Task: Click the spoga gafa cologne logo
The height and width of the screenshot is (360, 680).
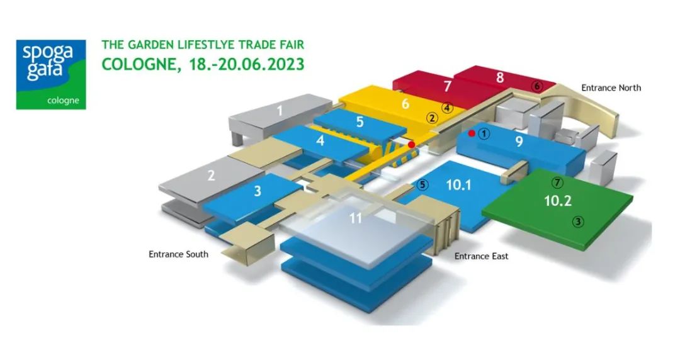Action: pyautogui.click(x=51, y=75)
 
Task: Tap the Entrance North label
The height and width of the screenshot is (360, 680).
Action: pyautogui.click(x=611, y=87)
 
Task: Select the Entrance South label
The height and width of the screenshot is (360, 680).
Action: pyautogui.click(x=178, y=254)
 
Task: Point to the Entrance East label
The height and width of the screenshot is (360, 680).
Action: pyautogui.click(x=481, y=256)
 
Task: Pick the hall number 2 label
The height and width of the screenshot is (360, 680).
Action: pyautogui.click(x=212, y=176)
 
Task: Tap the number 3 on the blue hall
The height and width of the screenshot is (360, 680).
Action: pyautogui.click(x=258, y=191)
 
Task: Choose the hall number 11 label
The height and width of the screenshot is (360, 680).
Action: pyautogui.click(x=356, y=219)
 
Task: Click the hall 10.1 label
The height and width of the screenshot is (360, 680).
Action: pyautogui.click(x=459, y=185)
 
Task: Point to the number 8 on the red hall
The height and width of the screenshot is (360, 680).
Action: pyautogui.click(x=500, y=77)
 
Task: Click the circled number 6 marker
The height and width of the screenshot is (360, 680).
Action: pyautogui.click(x=536, y=86)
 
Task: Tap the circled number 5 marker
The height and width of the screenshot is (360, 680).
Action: pyautogui.click(x=422, y=185)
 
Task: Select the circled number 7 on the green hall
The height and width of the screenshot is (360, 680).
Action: pyautogui.click(x=556, y=183)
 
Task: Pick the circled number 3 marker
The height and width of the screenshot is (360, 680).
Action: pyautogui.click(x=578, y=221)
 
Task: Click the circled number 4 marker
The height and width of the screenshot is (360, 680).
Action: pyautogui.click(x=447, y=108)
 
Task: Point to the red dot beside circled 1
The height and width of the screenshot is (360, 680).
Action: pyautogui.click(x=472, y=133)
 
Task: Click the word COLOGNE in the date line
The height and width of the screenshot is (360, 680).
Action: pyautogui.click(x=136, y=65)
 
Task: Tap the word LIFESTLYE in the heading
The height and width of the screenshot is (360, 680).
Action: pyautogui.click(x=213, y=45)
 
